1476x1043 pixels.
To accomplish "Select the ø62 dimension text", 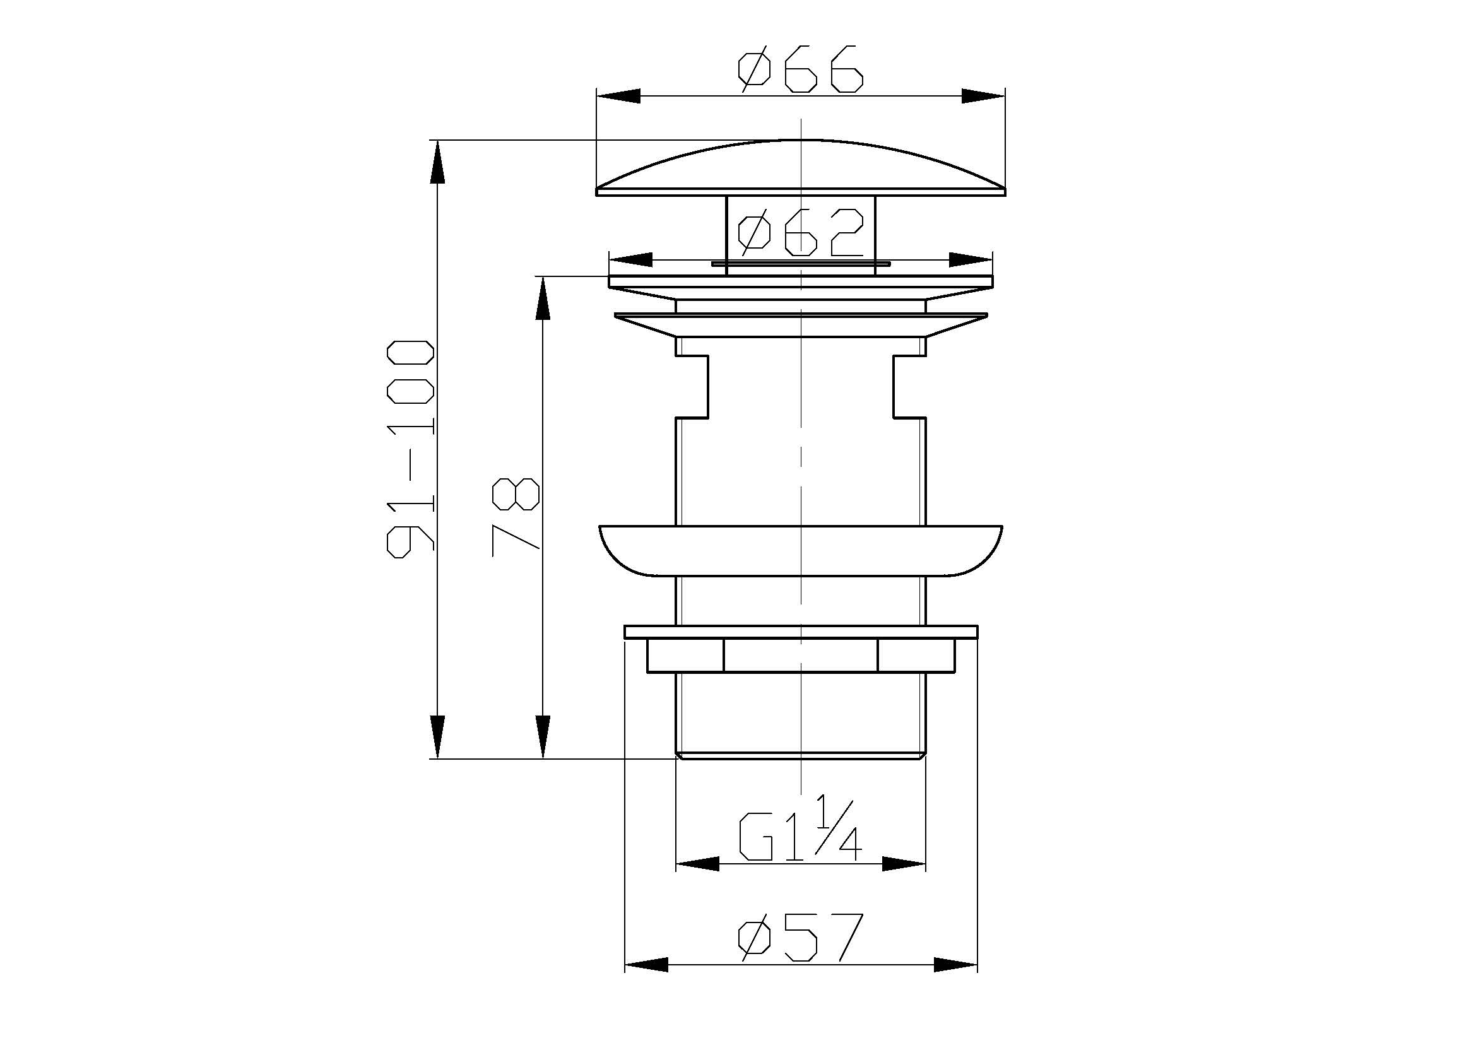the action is tap(800, 232).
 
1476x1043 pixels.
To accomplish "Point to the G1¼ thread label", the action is tap(800, 829).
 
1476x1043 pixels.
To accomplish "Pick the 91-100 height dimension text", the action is tap(411, 449).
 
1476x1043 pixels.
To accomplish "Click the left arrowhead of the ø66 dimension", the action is tap(619, 97).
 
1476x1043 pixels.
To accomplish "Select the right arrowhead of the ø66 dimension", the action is tap(983, 97).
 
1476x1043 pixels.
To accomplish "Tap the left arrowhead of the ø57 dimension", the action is tap(647, 982).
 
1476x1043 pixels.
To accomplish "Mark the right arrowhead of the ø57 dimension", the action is tap(956, 982).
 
